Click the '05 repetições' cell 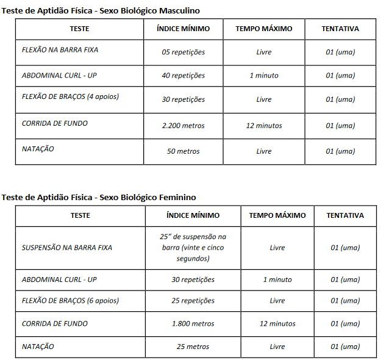pos(183,52)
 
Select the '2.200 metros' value pos(183,126)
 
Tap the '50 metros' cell pos(183,151)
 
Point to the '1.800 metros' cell pos(193,324)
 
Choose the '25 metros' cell pos(193,347)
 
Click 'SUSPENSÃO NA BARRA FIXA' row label pos(67,248)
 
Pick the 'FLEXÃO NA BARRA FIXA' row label pos(60,50)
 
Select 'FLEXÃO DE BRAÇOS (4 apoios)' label pos(70,96)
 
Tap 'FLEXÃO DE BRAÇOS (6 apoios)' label pos(70,301)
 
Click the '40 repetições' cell pos(183,76)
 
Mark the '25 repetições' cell pos(193,301)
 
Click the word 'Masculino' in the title pos(179,11)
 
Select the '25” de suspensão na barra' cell pos(193,247)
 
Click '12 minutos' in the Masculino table pos(264,126)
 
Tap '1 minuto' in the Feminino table pos(277,279)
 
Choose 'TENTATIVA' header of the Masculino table pos(340,29)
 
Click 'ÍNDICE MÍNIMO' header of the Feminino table pos(193,215)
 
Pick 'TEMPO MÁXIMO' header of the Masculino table pos(264,29)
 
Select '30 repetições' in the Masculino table pos(183,99)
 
